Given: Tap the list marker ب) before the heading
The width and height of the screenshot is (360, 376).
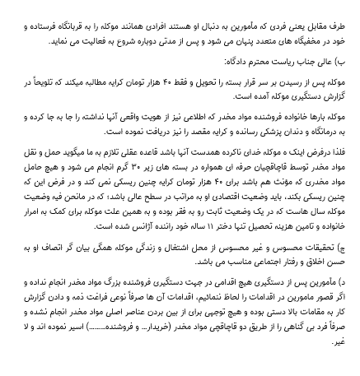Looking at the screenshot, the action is click(347, 62).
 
